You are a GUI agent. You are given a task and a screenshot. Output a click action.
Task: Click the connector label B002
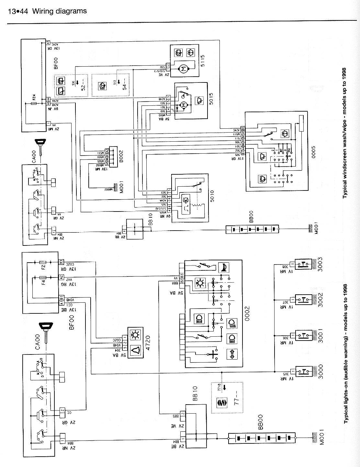121,156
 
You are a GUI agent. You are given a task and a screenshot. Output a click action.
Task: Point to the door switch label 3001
320,337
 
